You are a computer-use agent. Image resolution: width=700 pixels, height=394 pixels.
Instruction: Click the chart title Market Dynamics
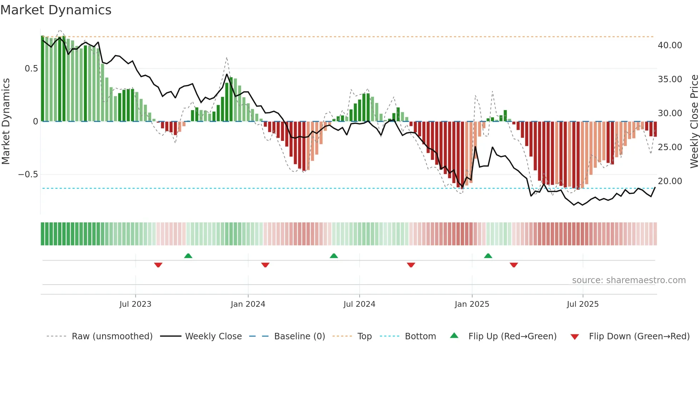(x=56, y=10)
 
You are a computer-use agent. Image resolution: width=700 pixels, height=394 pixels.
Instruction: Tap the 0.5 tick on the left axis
(x=31, y=69)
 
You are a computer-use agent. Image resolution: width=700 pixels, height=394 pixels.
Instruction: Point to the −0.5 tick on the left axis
(x=28, y=174)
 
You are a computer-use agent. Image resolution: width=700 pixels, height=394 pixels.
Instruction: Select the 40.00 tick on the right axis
(x=670, y=45)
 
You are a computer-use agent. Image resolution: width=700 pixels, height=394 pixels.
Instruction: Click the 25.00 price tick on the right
(x=670, y=147)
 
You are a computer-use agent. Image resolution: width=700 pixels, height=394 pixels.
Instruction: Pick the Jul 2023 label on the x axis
(x=135, y=304)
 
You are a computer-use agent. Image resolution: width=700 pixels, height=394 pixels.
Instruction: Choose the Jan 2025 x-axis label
(x=472, y=304)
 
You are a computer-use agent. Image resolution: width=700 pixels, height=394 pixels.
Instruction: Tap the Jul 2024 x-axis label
(x=359, y=304)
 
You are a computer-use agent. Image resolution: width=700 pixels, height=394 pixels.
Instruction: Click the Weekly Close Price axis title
(x=694, y=122)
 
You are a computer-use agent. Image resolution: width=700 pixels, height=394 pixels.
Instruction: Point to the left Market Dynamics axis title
(x=6, y=122)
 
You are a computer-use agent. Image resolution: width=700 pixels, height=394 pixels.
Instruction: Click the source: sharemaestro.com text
(x=629, y=280)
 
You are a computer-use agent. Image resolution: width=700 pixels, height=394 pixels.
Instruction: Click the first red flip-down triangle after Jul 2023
(x=158, y=265)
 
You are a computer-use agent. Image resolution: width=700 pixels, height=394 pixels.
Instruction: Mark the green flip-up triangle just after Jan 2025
(x=488, y=256)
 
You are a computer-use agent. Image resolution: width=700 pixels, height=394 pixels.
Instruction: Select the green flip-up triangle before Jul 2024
(x=334, y=256)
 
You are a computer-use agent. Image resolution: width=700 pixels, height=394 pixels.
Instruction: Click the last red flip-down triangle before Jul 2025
(x=514, y=265)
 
